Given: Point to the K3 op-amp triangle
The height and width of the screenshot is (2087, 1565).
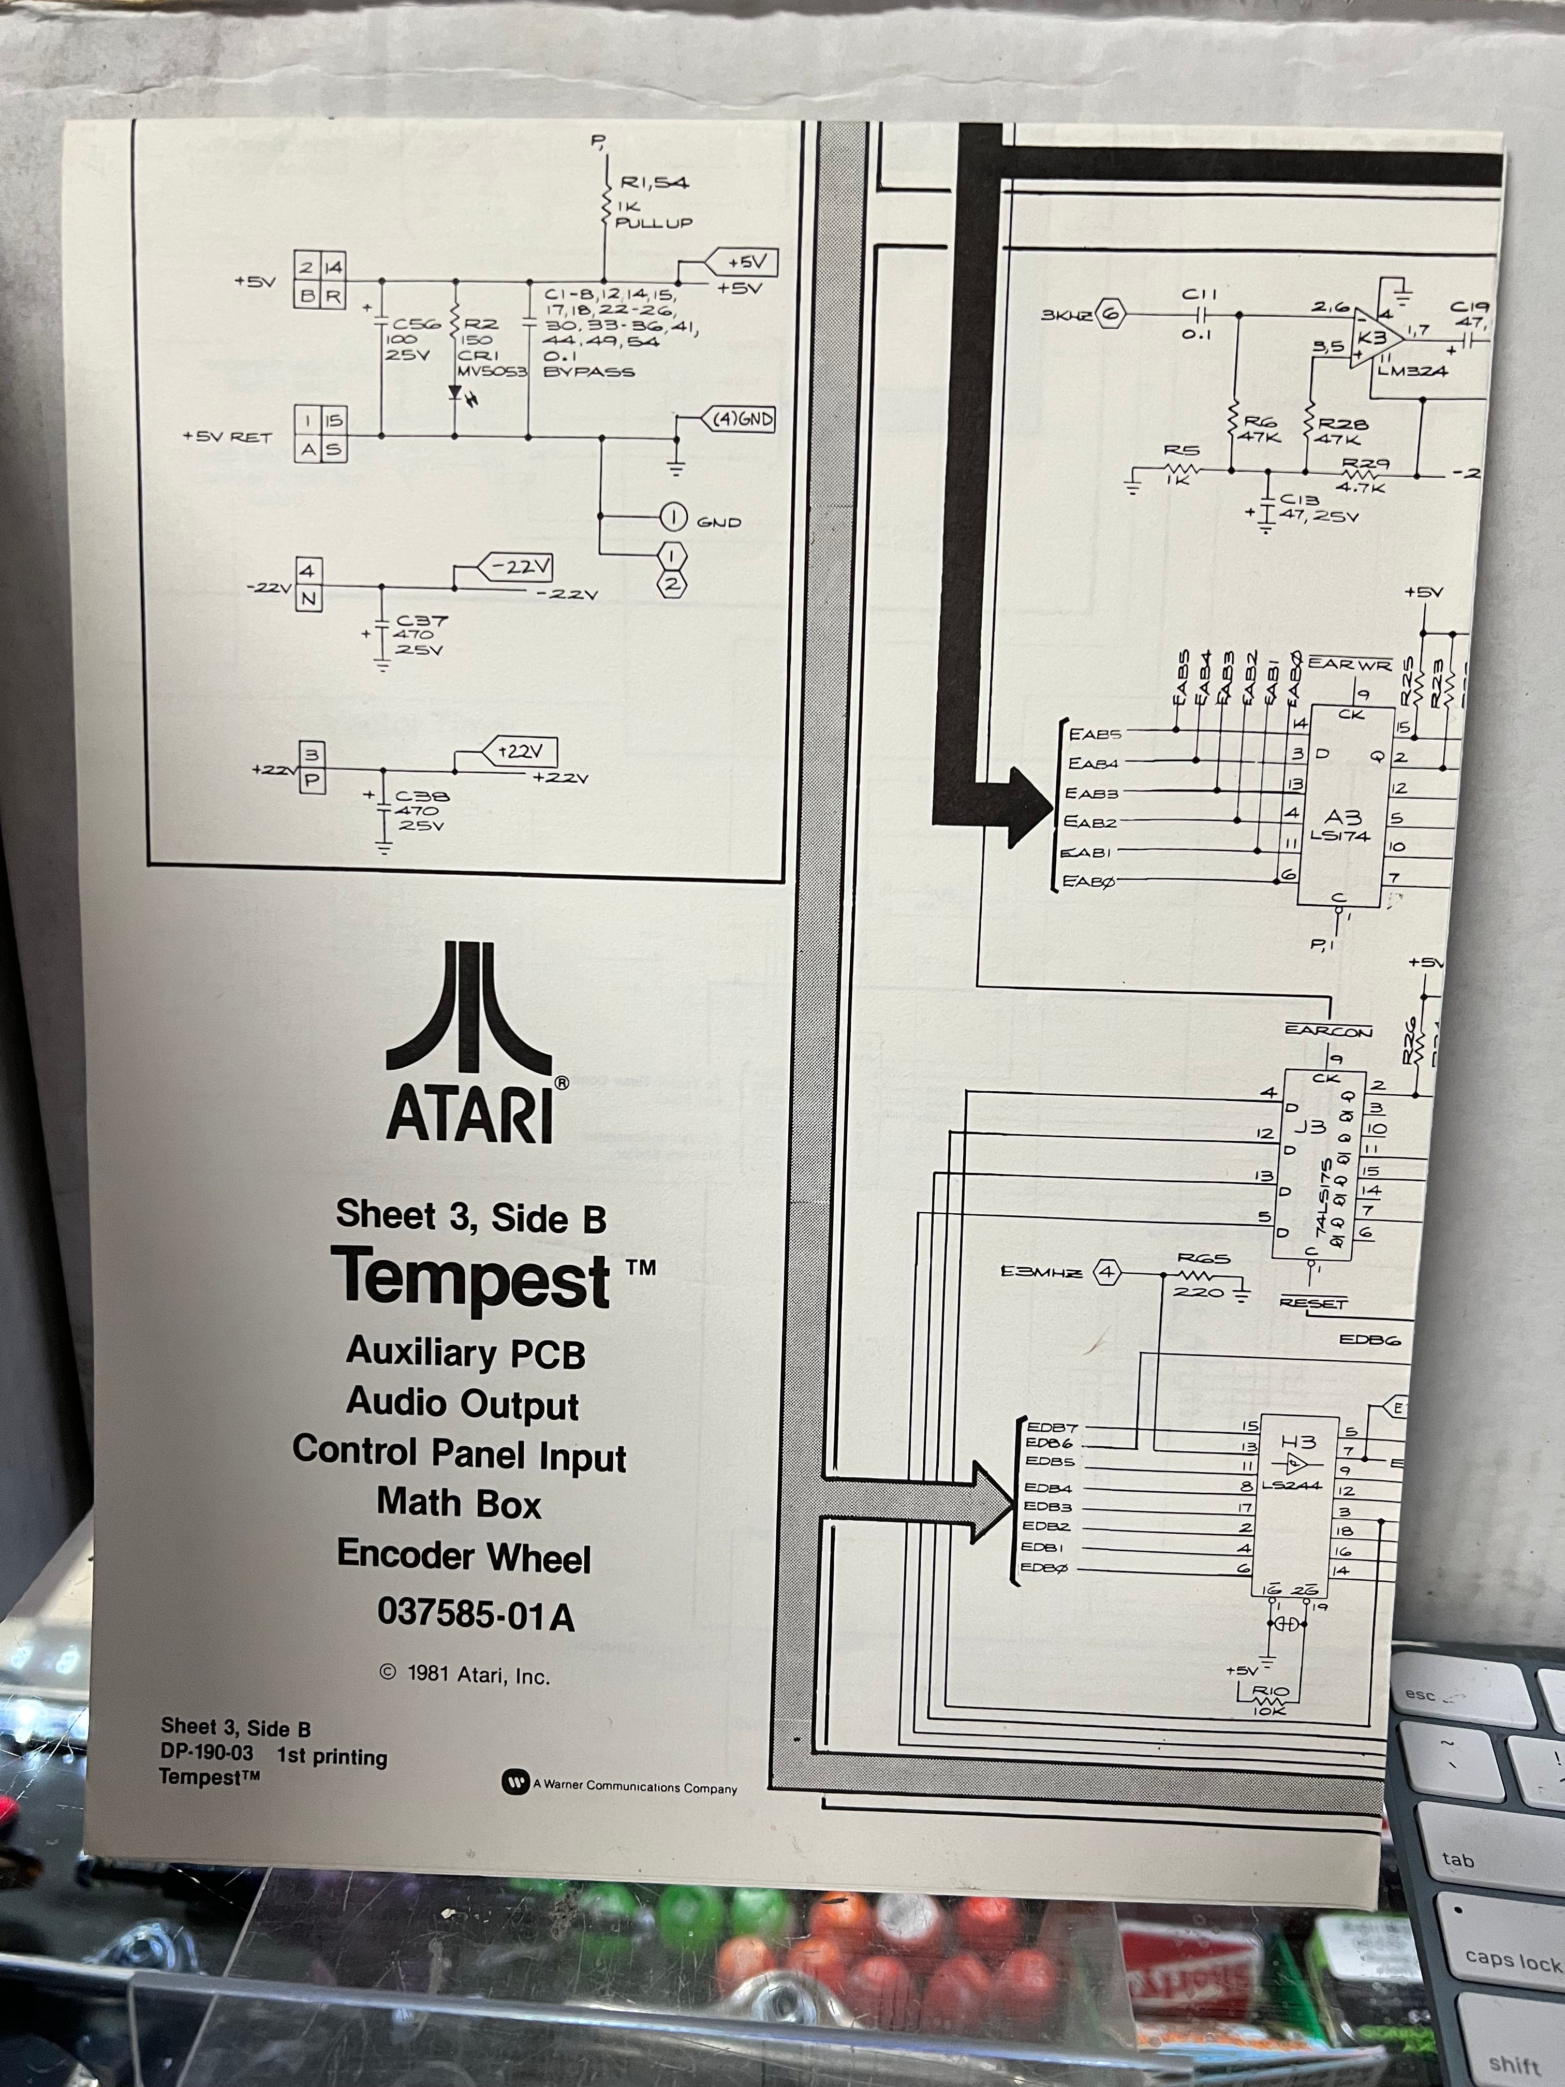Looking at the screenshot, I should coord(1372,339).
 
